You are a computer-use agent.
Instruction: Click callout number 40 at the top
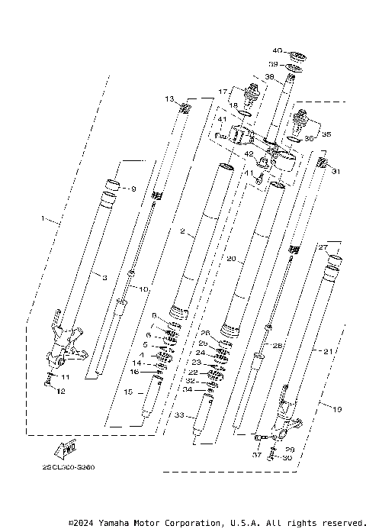[277, 51]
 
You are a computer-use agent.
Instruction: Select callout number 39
[273, 64]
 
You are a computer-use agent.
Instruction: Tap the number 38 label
[269, 76]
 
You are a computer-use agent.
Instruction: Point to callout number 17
[223, 92]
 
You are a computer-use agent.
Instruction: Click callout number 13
[169, 98]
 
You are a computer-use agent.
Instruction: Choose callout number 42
[249, 153]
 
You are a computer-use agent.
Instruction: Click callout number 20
[230, 259]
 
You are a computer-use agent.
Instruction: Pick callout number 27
[323, 247]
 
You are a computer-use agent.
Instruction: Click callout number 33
[180, 415]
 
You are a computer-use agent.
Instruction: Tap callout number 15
[127, 392]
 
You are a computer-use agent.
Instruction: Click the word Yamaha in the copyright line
[115, 523]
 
